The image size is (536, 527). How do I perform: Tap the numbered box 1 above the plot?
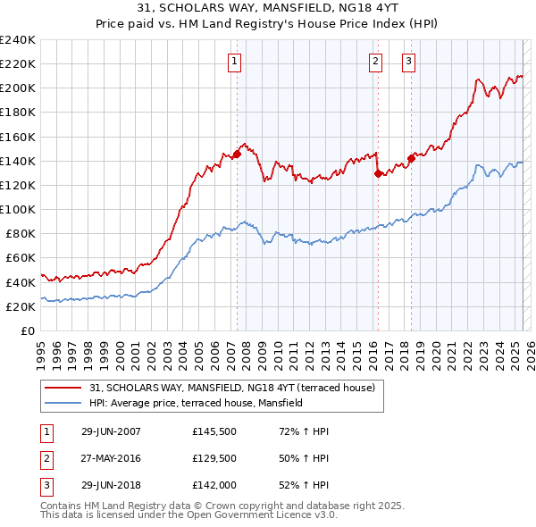click(234, 62)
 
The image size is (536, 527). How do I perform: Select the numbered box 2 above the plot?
click(375, 62)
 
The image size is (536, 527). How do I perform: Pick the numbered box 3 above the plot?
click(408, 62)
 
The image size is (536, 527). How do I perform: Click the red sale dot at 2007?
click(238, 154)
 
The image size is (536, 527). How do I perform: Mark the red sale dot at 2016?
click(378, 173)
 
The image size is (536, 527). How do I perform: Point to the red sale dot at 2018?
click(411, 158)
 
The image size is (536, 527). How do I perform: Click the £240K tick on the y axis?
click(17, 40)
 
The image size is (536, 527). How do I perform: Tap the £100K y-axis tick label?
click(17, 209)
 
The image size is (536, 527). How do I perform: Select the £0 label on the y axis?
click(28, 330)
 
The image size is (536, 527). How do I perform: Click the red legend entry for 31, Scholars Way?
click(238, 388)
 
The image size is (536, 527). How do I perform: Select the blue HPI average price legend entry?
click(197, 403)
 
